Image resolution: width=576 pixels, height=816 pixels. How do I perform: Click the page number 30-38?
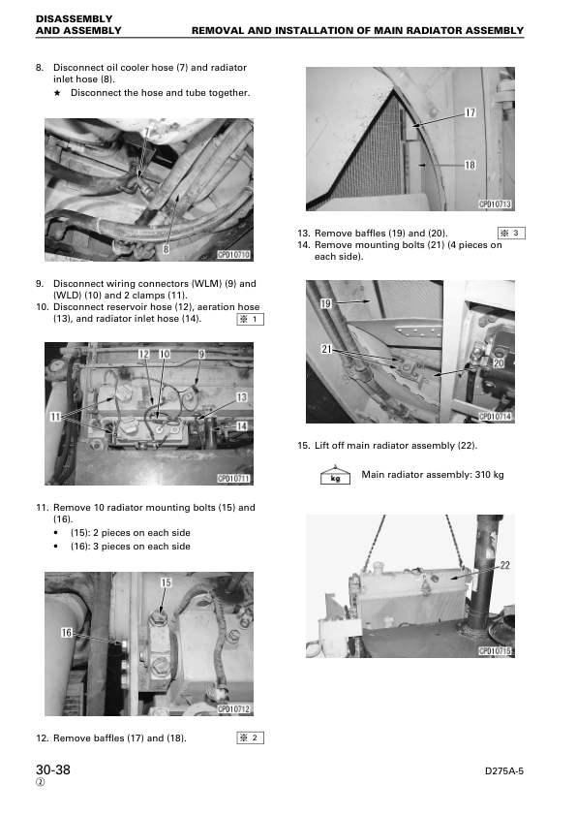point(53,769)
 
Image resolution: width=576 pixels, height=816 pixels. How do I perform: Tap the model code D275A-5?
point(503,771)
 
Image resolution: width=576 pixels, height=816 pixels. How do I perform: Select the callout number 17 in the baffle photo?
point(470,112)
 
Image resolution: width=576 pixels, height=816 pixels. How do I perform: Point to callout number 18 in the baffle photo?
point(470,165)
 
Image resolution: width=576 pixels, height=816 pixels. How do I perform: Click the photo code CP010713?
point(495,204)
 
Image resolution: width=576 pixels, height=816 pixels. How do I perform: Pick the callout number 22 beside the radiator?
point(504,565)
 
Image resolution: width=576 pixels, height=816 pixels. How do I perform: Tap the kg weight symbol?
point(335,475)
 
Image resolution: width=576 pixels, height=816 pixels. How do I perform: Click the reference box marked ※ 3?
point(511,234)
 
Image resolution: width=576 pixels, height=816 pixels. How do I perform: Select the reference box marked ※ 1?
point(250,319)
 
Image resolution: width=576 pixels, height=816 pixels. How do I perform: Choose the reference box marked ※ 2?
point(250,738)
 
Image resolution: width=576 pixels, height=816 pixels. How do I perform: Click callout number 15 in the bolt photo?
point(166,582)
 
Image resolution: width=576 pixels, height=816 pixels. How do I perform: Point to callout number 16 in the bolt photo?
point(67,632)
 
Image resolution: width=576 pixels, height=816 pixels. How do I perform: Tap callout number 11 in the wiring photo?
point(55,417)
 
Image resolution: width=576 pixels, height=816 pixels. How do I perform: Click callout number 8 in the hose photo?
point(166,249)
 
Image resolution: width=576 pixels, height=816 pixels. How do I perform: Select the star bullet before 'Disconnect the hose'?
point(57,93)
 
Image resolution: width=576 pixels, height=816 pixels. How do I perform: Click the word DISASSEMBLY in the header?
point(74,18)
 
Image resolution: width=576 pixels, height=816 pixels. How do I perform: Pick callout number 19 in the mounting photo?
point(325,303)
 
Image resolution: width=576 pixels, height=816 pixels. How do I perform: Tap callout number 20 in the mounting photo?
point(498,362)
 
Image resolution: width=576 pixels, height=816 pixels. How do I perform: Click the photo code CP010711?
point(233,479)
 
